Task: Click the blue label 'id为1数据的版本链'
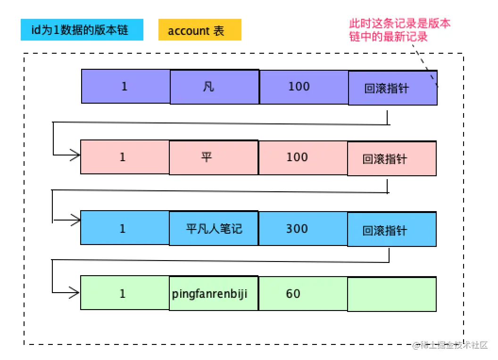[82, 30]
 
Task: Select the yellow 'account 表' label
[199, 30]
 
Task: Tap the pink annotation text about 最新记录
[399, 30]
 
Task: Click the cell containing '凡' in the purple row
[214, 87]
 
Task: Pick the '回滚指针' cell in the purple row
[392, 88]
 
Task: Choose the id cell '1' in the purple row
[125, 86]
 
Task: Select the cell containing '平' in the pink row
[213, 157]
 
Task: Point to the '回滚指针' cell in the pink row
[391, 158]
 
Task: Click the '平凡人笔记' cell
[213, 229]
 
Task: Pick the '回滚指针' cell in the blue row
[391, 229]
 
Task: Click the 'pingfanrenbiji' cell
[213, 294]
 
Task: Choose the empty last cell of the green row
[391, 294]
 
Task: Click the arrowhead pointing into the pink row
[75, 155]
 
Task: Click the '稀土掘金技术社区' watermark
[450, 345]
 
